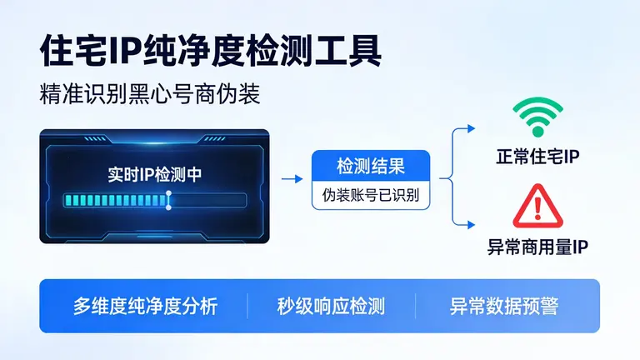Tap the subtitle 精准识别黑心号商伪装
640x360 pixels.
point(150,93)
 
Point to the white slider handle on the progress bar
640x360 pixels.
point(168,200)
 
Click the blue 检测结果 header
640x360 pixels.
point(371,165)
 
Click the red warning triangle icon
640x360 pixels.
point(537,207)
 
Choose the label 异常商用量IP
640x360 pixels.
point(537,247)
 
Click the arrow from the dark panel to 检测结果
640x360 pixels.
point(292,178)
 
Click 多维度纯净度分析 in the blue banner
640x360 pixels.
point(145,306)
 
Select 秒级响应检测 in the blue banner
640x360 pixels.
point(331,306)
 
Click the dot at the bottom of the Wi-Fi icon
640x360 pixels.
point(537,132)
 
